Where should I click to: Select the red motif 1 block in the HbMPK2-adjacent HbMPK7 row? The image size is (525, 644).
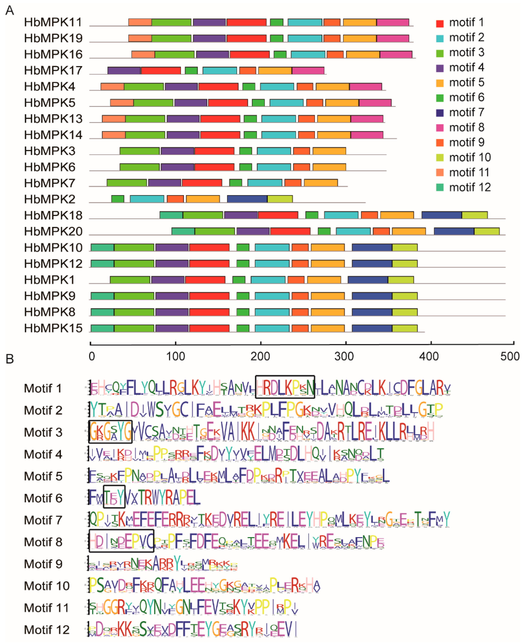pyautogui.click(x=202, y=183)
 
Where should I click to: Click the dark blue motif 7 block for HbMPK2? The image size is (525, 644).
pyautogui.click(x=247, y=199)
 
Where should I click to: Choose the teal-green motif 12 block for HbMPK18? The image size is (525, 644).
pyautogui.click(x=171, y=215)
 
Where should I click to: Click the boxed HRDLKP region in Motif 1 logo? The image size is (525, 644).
pyautogui.click(x=285, y=387)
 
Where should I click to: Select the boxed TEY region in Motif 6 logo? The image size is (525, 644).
pyautogui.click(x=114, y=497)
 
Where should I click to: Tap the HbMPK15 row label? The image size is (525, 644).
pyautogui.click(x=53, y=328)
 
